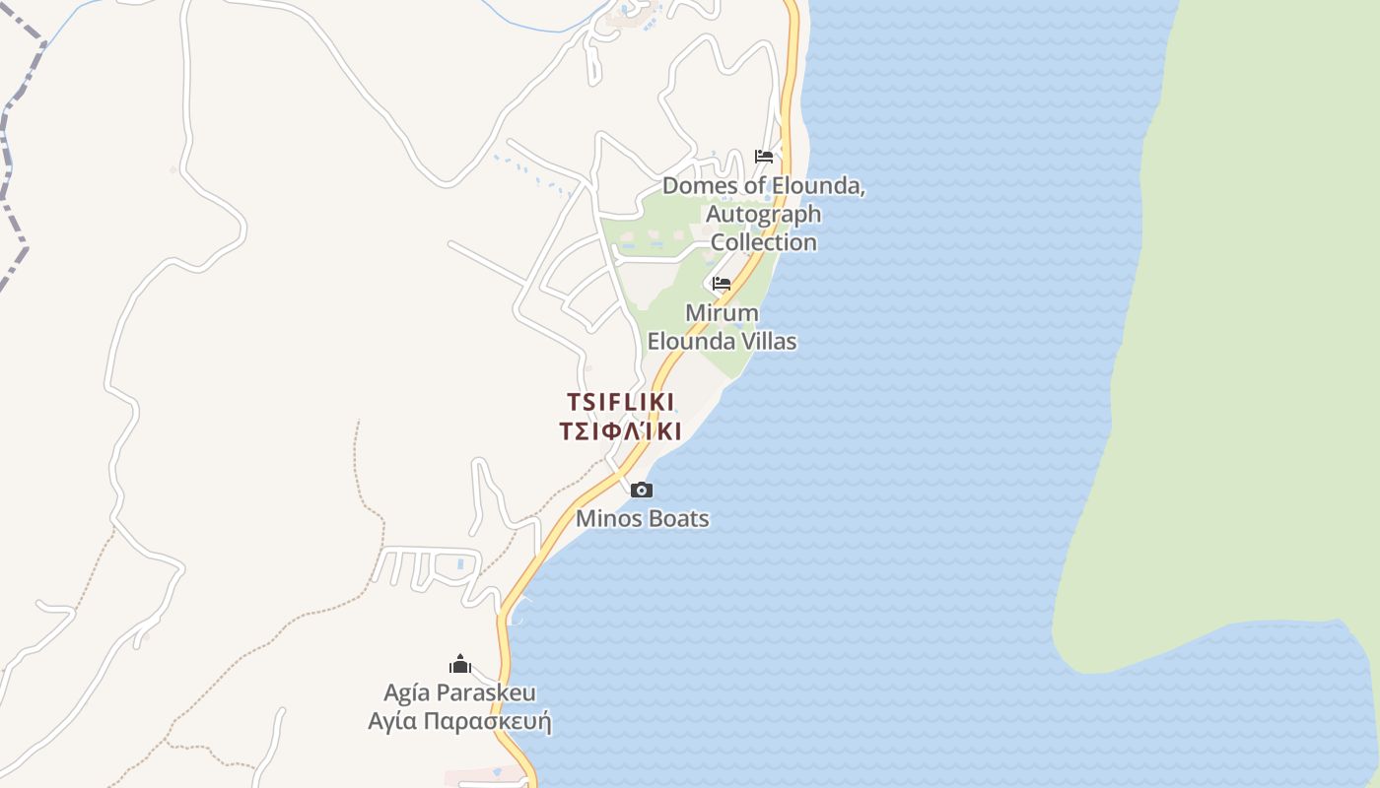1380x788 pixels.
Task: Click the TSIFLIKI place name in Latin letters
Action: tap(620, 402)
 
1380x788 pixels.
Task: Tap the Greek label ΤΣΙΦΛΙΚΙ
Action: tap(620, 431)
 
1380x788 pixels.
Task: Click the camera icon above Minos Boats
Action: tap(642, 490)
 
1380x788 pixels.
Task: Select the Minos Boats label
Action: tap(642, 518)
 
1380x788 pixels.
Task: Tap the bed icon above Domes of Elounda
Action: tap(763, 157)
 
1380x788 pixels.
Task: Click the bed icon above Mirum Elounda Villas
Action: tap(722, 284)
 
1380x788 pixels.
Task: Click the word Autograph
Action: tap(763, 214)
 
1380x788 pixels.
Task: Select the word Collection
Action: tap(764, 242)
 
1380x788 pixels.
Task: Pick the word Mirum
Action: tap(723, 313)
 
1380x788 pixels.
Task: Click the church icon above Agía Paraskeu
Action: tap(459, 664)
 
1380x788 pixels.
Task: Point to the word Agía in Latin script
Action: tap(407, 692)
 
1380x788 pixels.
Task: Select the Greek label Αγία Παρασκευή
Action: tap(459, 722)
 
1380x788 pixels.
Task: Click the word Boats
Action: tap(676, 518)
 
